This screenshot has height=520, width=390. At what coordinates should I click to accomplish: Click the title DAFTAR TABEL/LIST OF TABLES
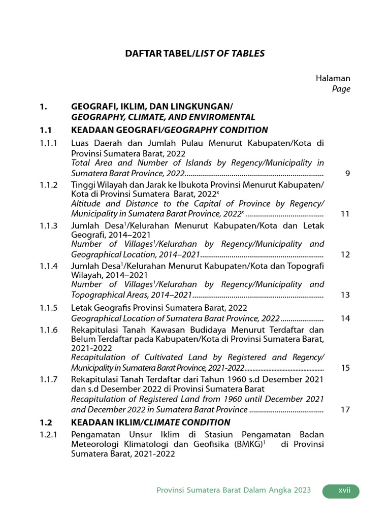pos(195,53)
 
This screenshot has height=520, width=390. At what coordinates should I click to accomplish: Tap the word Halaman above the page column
pos(333,78)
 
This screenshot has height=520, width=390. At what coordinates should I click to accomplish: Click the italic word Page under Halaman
pos(341,89)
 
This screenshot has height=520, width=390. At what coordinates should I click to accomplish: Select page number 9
pos(347,174)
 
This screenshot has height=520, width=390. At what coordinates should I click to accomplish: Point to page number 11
pos(345,214)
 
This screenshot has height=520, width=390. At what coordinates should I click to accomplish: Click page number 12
pos(345,254)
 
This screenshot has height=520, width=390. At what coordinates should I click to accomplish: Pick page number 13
pos(345,295)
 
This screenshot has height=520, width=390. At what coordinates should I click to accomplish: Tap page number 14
pos(345,319)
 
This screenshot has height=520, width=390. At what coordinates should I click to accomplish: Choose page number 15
pos(345,368)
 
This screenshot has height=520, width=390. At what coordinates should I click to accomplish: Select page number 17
pos(345,410)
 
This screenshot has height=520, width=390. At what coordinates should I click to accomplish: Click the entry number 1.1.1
pos(49,143)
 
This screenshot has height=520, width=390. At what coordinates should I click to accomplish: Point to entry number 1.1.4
pos(49,266)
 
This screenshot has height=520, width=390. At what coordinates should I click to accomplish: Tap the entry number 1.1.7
pos(49,379)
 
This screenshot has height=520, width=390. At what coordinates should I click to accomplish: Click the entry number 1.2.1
pos(49,434)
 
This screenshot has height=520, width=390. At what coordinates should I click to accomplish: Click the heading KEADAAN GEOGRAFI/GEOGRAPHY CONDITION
pos(170,130)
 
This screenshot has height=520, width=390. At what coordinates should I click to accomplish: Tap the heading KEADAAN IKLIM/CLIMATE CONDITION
pos(150,422)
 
